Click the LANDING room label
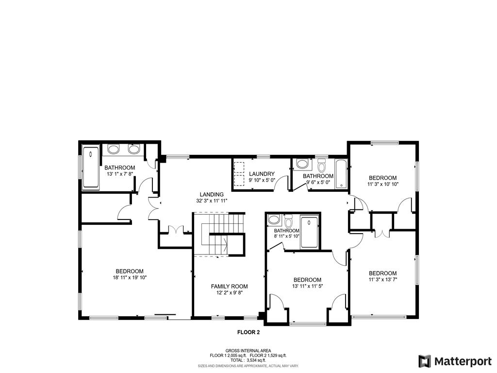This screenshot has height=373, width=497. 212,194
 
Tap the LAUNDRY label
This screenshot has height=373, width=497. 262,174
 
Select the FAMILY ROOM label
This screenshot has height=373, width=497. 229,287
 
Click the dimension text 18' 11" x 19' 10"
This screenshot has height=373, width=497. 129,277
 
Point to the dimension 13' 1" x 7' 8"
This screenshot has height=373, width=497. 119,174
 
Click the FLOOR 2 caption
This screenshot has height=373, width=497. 248,332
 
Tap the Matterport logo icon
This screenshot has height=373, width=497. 425,361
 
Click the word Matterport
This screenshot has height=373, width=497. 463,361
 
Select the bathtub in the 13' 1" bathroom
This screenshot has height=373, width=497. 91,167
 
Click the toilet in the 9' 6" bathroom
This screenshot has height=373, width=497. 322,166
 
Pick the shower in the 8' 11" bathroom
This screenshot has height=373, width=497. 309,232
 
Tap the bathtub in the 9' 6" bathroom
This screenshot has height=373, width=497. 341,174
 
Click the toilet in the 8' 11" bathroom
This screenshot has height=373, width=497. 288,221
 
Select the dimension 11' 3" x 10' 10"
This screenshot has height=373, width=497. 382,184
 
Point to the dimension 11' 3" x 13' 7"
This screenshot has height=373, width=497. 382,279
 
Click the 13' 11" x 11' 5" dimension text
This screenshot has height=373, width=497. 307,286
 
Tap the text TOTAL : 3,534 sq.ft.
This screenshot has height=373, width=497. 248,360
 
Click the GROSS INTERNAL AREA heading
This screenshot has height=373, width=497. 248,351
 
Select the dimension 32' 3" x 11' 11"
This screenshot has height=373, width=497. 212,201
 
